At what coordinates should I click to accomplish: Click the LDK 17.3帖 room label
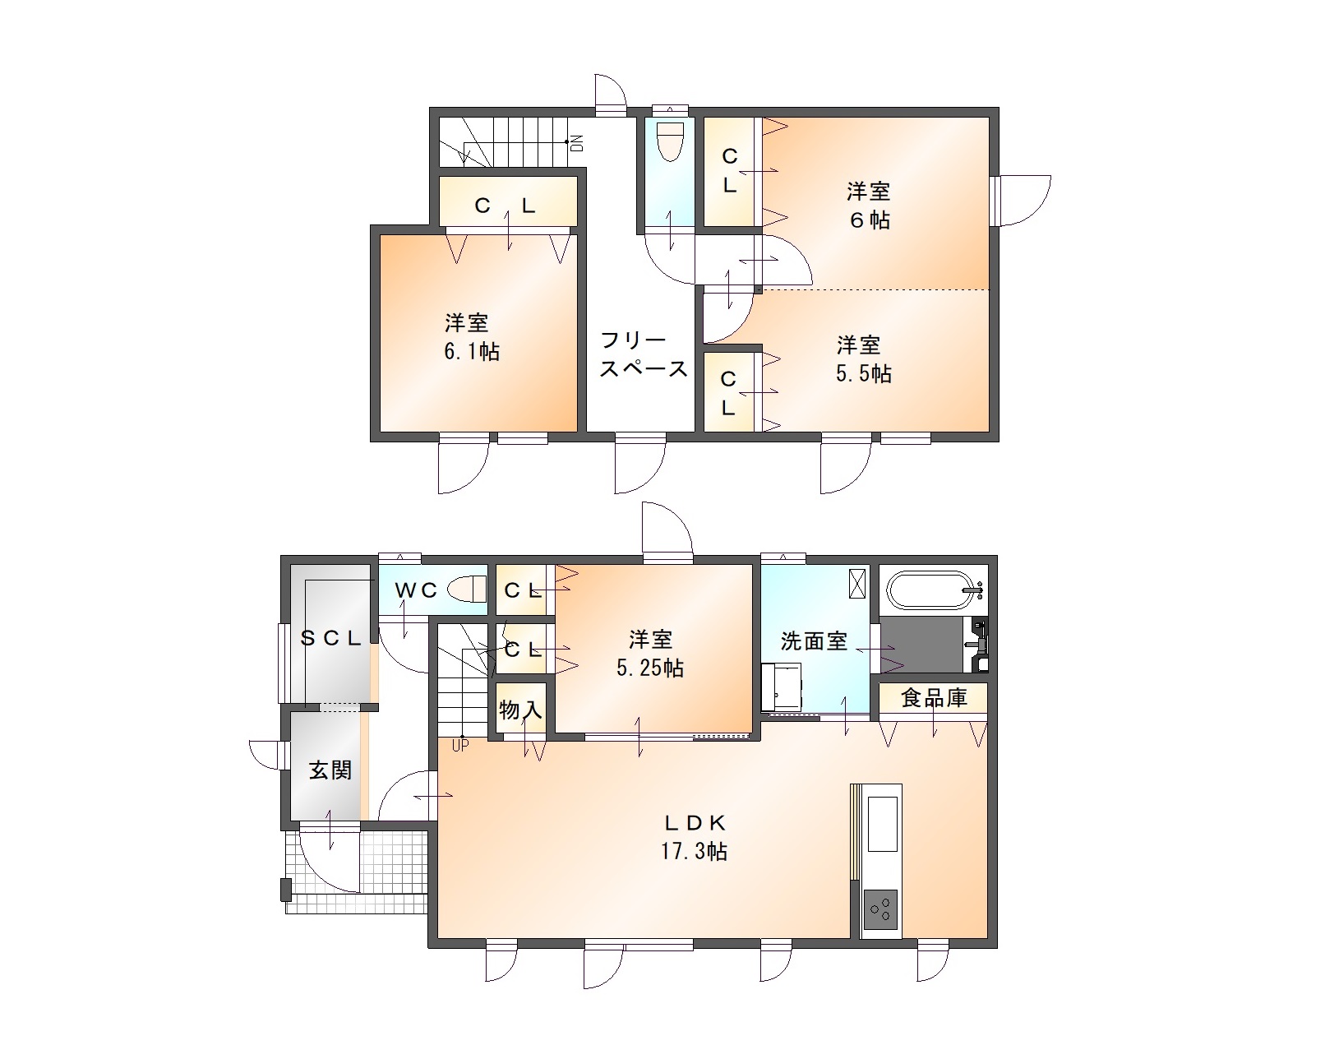[x=695, y=837]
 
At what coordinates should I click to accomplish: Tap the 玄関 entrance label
[x=330, y=770]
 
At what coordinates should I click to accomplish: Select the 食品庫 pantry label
[x=934, y=697]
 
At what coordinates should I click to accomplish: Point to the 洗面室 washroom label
[x=814, y=640]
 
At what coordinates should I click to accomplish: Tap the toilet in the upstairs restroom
[x=671, y=141]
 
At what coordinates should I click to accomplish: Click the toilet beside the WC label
[x=468, y=589]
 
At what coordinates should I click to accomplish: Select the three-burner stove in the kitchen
[x=880, y=909]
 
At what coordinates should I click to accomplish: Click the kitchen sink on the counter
[x=882, y=823]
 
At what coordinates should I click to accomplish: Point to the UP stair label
[x=460, y=746]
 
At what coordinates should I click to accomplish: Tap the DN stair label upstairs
[x=578, y=144]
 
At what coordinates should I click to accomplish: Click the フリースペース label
[x=644, y=354]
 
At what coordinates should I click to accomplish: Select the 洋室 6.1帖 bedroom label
[x=472, y=337]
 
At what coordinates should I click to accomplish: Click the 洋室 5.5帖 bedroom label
[x=863, y=359]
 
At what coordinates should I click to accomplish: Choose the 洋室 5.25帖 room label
[x=650, y=654]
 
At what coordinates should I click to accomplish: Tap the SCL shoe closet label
[x=330, y=638]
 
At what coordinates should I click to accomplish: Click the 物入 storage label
[x=520, y=710]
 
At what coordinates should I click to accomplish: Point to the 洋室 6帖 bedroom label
[x=869, y=206]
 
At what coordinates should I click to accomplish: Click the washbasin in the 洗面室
[x=782, y=687]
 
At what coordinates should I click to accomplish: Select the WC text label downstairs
[x=416, y=590]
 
